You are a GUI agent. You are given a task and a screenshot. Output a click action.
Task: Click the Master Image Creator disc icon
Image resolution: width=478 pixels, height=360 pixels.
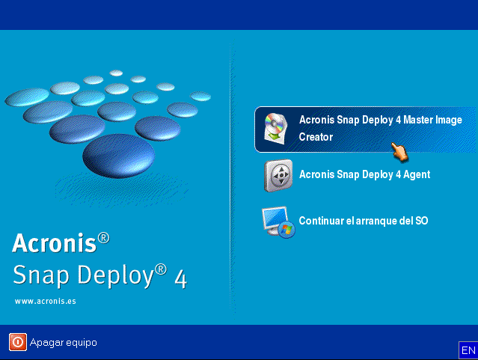[277, 128]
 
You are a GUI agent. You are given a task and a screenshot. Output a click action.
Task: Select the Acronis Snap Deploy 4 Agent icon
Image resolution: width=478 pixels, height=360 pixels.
[278, 176]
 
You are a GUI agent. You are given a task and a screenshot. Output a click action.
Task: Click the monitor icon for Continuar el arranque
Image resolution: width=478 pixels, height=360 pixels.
[278, 222]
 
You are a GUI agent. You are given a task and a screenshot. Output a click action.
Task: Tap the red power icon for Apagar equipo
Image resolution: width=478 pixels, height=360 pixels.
[17, 342]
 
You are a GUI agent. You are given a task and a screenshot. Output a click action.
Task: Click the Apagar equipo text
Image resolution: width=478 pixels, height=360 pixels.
[64, 343]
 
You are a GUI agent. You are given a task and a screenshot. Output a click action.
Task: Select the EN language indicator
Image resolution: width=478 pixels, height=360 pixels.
[468, 350]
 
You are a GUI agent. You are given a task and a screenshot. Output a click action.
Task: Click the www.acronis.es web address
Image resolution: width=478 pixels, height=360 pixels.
[45, 301]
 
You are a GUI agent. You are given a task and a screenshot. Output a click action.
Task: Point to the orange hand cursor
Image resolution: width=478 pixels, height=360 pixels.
[400, 151]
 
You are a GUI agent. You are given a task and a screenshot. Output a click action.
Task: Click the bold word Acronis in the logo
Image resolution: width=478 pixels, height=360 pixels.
[54, 242]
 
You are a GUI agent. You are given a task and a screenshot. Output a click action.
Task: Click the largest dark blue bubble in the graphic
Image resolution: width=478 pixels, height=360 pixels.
[118, 156]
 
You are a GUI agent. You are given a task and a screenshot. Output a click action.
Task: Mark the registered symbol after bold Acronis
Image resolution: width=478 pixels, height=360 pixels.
[103, 238]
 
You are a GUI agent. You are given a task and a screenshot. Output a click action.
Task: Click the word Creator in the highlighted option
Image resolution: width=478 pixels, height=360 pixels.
[316, 138]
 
